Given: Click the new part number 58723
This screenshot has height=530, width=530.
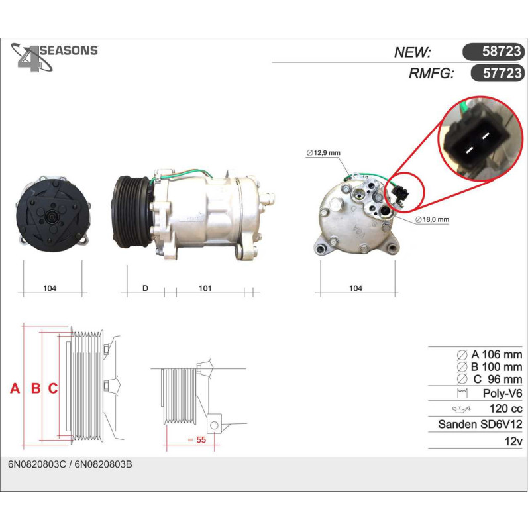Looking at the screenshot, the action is (502, 51).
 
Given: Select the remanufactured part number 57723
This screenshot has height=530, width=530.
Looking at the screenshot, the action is (502, 73).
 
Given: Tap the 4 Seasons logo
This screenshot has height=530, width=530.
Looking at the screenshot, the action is (54, 58).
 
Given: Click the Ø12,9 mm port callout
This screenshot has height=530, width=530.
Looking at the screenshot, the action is (323, 153).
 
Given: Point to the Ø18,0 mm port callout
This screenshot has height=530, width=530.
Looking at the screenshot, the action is (433, 219).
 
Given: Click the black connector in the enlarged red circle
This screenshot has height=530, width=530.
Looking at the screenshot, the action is (476, 142).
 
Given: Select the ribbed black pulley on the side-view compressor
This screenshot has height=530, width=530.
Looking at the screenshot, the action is (131, 212).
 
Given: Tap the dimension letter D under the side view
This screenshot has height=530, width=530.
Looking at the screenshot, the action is (145, 288).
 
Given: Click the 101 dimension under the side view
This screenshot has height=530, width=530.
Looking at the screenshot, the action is (205, 288).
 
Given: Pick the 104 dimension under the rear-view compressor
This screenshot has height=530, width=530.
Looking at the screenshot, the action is (356, 288).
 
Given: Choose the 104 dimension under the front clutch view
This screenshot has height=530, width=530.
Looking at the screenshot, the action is (50, 288).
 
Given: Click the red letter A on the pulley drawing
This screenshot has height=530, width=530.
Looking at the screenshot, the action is (15, 388).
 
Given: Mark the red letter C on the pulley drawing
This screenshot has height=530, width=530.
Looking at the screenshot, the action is (53, 388).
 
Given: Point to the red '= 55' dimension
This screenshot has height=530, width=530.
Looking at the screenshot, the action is (197, 440).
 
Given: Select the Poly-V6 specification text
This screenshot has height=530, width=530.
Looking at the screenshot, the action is (503, 393).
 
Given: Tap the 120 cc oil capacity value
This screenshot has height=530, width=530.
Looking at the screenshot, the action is (506, 409).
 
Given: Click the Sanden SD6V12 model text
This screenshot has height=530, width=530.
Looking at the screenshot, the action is (480, 424).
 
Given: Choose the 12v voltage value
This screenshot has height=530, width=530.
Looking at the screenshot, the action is (513, 441).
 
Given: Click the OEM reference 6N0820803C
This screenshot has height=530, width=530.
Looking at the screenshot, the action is (37, 465).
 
